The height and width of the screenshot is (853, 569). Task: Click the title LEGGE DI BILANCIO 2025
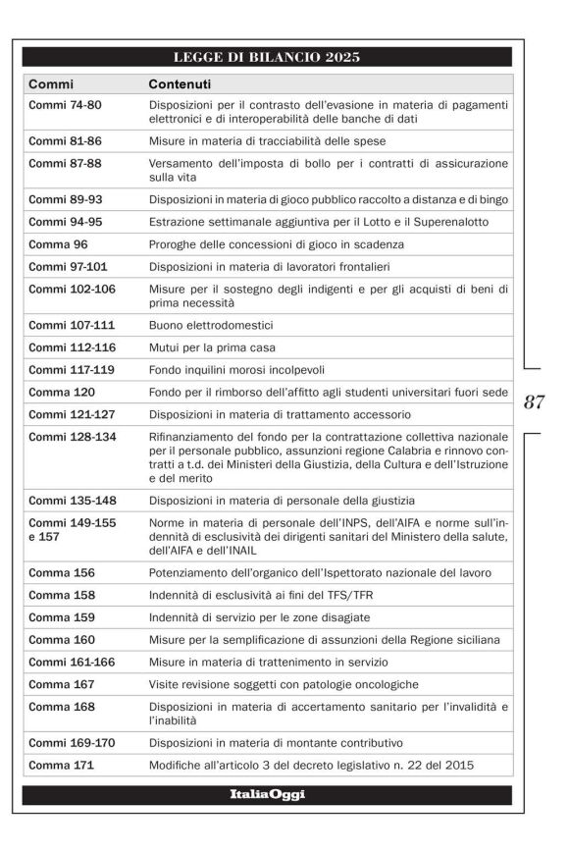[267, 57]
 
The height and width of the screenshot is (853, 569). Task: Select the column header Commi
[51, 84]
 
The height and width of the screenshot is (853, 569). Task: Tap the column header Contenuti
[179, 84]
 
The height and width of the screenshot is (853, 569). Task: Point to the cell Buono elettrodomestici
[210, 324]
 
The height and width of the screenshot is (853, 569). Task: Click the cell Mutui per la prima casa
[212, 347]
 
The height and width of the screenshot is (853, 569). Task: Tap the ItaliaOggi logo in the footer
[267, 794]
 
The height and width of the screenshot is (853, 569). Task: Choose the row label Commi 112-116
[72, 347]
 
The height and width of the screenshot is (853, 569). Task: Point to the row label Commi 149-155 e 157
[72, 530]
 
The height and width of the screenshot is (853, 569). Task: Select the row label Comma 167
[61, 685]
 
